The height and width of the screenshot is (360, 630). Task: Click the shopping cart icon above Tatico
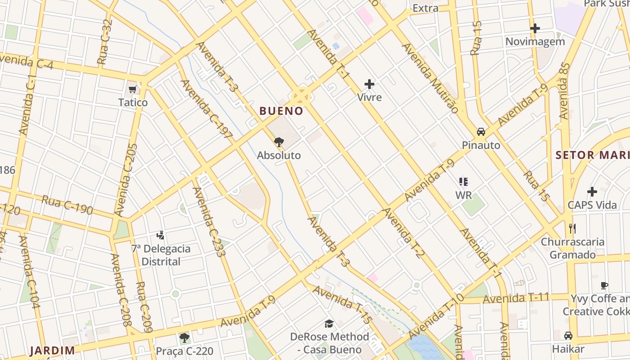click(133, 89)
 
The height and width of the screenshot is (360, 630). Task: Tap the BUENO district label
click(281, 111)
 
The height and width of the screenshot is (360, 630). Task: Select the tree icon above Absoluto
click(279, 143)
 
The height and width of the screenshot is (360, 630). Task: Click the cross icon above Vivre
click(369, 84)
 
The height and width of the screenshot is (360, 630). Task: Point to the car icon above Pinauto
click(481, 132)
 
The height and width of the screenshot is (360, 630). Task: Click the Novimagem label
click(535, 42)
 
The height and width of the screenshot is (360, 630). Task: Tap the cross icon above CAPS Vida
click(592, 192)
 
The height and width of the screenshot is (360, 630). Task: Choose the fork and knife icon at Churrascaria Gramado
click(572, 229)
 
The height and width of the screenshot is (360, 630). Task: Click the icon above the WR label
click(463, 182)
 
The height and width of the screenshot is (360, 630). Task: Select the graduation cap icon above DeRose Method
click(329, 324)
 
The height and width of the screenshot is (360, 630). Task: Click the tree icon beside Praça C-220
click(184, 337)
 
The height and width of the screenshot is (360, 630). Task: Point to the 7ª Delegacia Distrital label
click(161, 255)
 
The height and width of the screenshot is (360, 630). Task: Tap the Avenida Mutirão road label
click(431, 78)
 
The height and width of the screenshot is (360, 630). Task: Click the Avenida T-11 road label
click(516, 298)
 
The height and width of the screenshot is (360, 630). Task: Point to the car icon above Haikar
click(568, 336)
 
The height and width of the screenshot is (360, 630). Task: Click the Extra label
click(425, 8)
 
